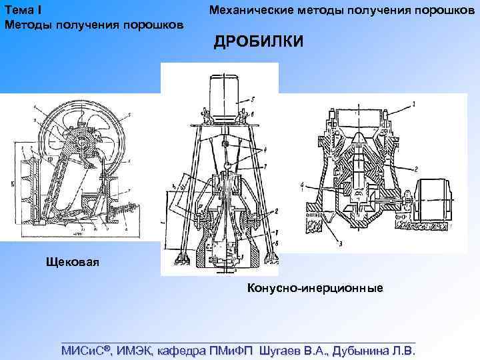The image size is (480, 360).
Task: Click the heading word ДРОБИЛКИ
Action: (257, 42)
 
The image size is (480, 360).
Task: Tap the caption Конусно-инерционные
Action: (315, 288)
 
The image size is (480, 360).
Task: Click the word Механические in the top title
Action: (248, 10)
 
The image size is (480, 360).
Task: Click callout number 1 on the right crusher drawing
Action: (414, 104)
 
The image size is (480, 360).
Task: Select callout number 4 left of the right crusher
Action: (301, 183)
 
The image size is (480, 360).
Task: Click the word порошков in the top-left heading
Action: (153, 25)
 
